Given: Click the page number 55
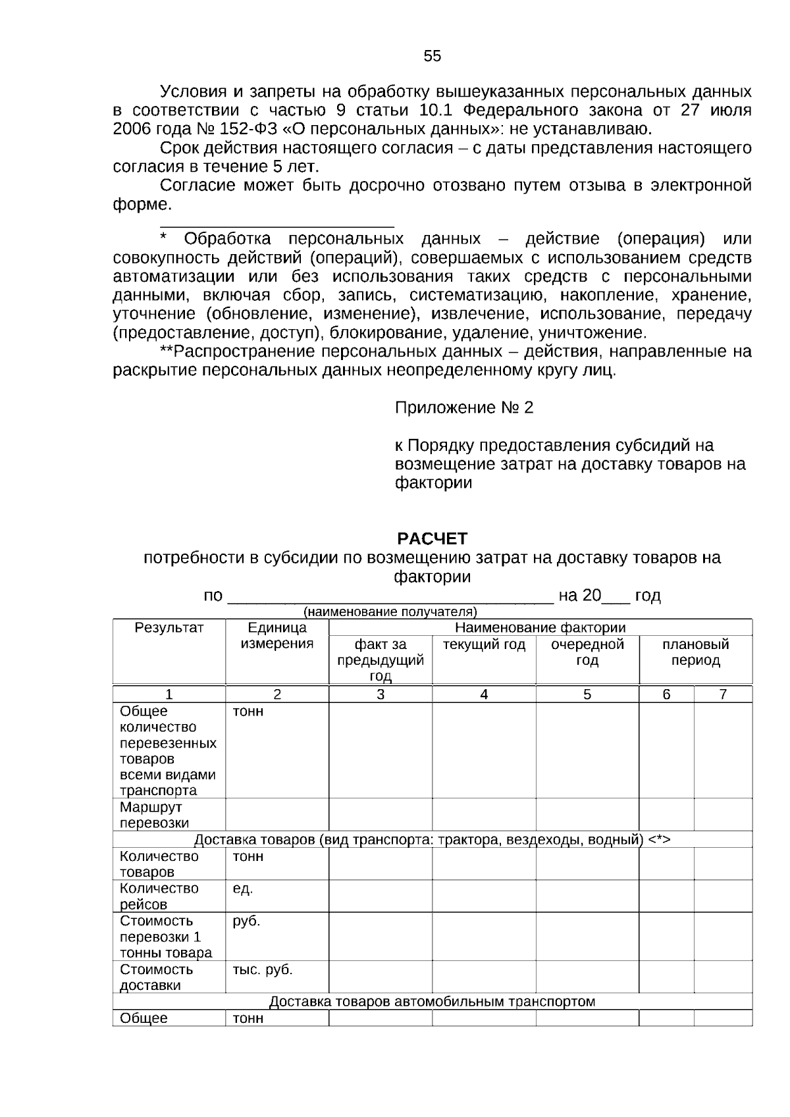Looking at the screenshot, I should click(433, 57).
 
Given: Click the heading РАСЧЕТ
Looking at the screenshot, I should click(432, 538).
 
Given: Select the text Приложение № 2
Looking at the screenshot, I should click(463, 407).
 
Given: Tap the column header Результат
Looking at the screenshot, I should click(169, 627).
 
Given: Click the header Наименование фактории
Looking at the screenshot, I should click(540, 627).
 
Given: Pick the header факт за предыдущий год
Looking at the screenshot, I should click(381, 660).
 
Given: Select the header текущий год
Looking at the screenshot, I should click(484, 644).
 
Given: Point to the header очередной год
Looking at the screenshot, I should click(587, 652).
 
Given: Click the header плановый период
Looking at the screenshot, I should click(695, 652).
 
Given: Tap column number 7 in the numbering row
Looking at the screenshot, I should click(723, 694).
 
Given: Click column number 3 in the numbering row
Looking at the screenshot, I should click(381, 694).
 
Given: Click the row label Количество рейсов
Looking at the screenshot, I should click(159, 896).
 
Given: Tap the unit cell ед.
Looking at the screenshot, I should click(242, 889).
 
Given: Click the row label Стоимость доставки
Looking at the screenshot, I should click(156, 977).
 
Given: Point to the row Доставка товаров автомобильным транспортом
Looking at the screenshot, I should click(432, 1001).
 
